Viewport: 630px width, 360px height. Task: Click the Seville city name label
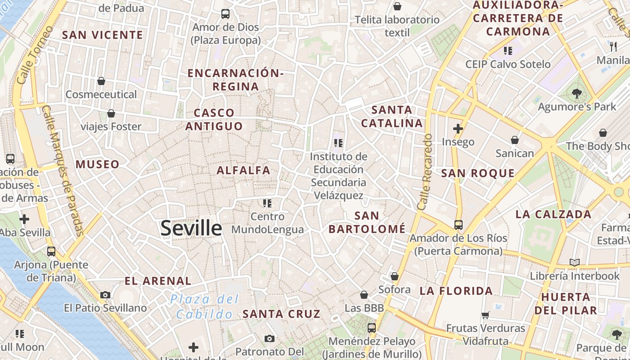pyautogui.click(x=191, y=228)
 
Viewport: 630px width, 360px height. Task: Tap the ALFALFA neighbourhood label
pyautogui.click(x=243, y=171)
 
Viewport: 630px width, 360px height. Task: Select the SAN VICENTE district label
pyautogui.click(x=103, y=35)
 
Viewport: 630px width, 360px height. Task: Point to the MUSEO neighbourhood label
pyautogui.click(x=98, y=164)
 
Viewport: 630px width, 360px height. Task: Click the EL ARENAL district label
pyautogui.click(x=158, y=281)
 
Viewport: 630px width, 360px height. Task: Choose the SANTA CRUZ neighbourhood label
pyautogui.click(x=282, y=314)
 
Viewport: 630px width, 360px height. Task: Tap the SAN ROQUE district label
pyautogui.click(x=478, y=173)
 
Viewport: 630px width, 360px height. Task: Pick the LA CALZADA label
pyautogui.click(x=553, y=214)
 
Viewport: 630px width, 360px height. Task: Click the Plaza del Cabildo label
pyautogui.click(x=205, y=306)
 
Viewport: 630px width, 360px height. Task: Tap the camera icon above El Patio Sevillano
pyautogui.click(x=105, y=295)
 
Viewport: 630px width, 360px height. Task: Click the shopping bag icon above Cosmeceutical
pyautogui.click(x=101, y=81)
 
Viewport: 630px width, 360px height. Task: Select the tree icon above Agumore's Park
pyautogui.click(x=576, y=94)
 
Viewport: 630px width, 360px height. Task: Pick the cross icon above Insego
pyautogui.click(x=458, y=129)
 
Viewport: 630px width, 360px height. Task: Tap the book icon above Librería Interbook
pyautogui.click(x=575, y=262)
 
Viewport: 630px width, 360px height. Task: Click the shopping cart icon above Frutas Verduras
pyautogui.click(x=485, y=315)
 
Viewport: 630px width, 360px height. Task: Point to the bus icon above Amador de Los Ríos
pyautogui.click(x=458, y=225)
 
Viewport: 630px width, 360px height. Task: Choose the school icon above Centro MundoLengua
pyautogui.click(x=267, y=203)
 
